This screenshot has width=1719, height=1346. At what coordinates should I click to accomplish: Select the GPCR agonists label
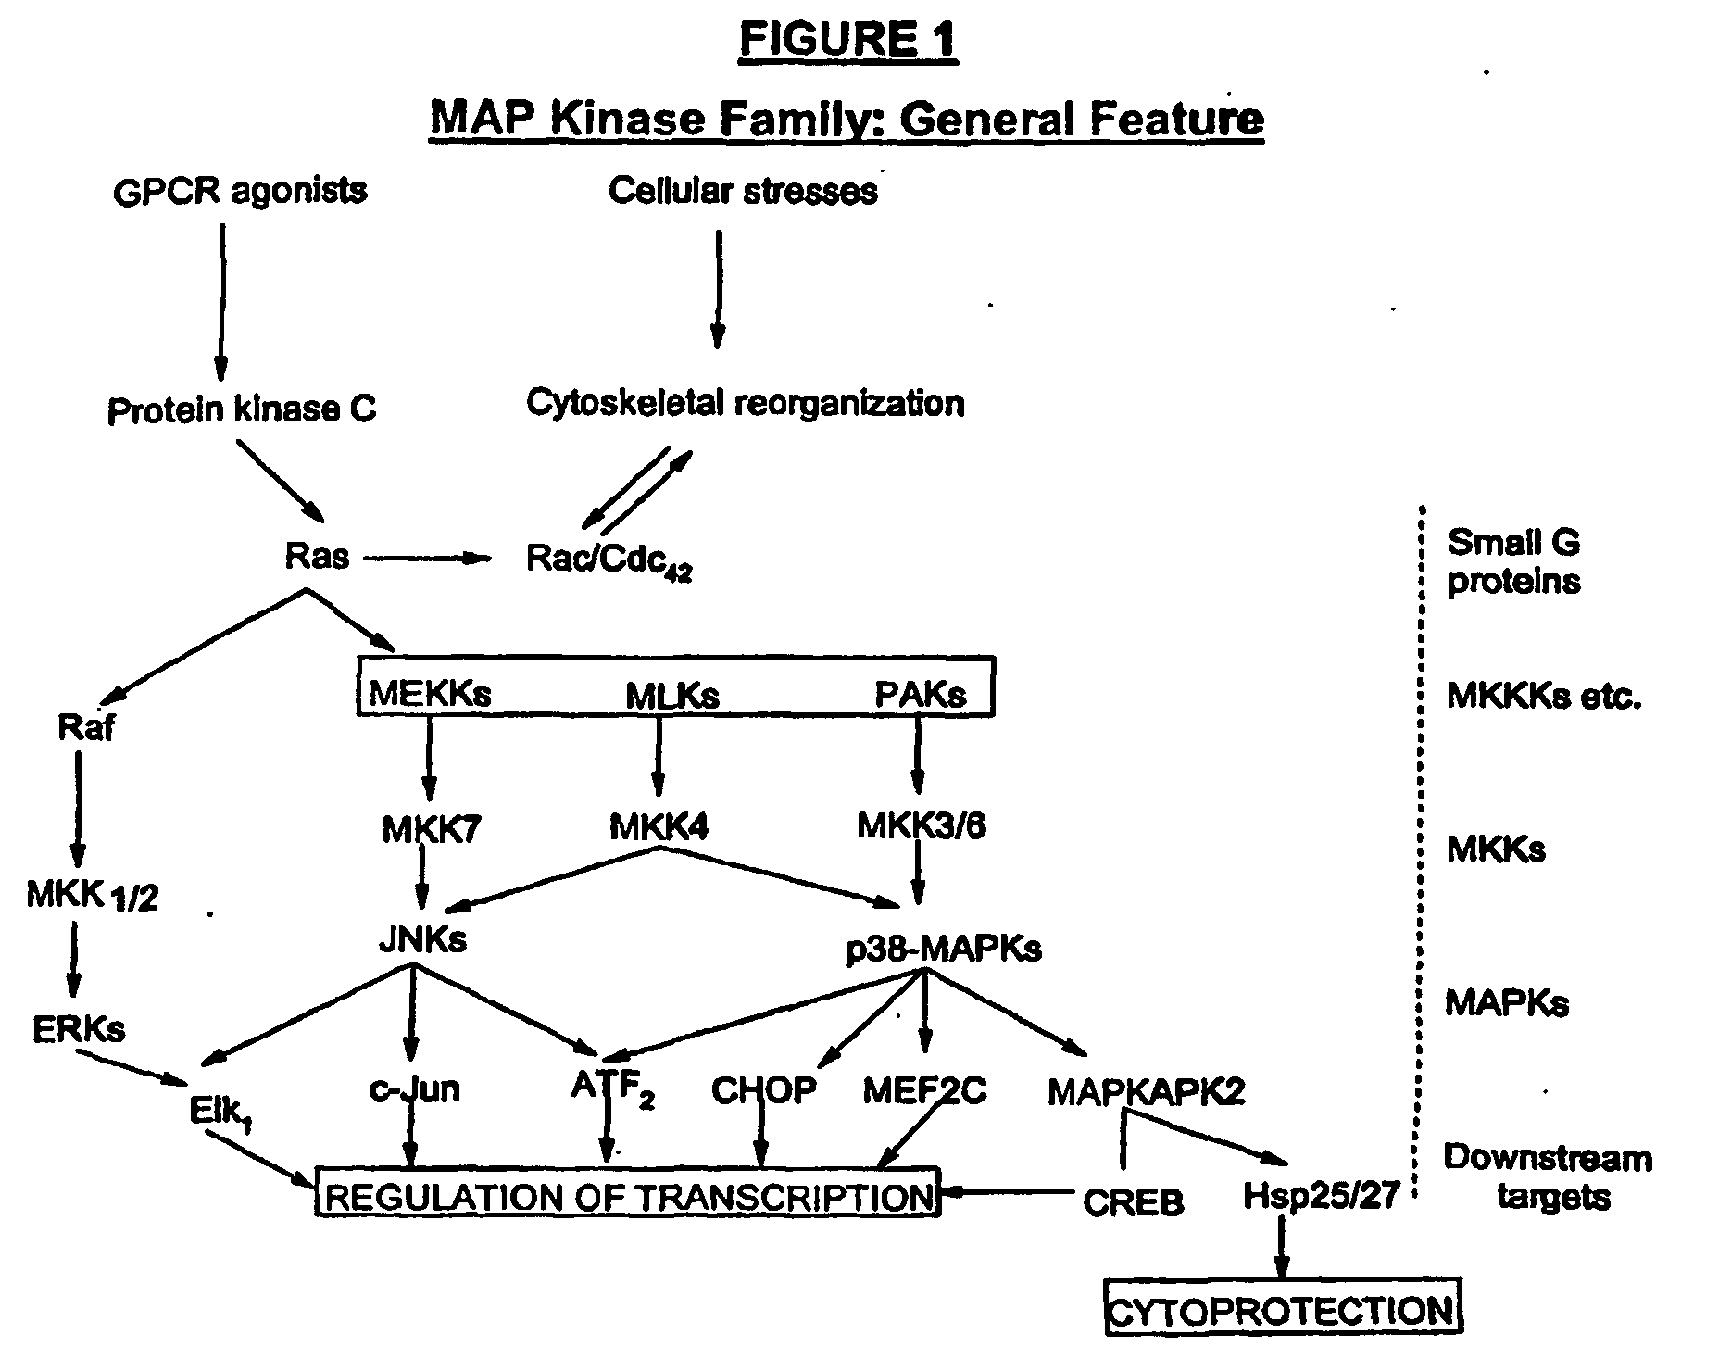tap(240, 191)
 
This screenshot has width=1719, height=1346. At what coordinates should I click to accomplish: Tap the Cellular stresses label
tap(743, 191)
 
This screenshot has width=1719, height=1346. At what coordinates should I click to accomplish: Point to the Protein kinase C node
tap(242, 409)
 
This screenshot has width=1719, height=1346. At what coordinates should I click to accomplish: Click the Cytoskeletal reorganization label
tap(746, 403)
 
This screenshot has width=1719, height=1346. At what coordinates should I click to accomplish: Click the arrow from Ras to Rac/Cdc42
tap(427, 558)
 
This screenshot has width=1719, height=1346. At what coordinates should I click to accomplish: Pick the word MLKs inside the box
tap(672, 696)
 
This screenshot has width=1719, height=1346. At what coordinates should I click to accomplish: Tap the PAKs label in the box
tap(920, 694)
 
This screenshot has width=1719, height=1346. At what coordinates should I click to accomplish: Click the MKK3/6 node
tap(922, 824)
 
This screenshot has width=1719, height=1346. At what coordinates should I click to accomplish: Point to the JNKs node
tap(422, 939)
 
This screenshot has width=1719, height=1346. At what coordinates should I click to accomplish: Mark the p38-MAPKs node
tap(944, 949)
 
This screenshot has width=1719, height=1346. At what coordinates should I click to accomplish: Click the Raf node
tap(86, 727)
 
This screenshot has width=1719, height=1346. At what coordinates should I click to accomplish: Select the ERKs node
tap(79, 1028)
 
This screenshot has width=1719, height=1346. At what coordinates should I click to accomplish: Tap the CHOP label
tap(764, 1090)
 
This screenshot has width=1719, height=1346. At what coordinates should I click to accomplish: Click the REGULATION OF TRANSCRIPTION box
tap(629, 1193)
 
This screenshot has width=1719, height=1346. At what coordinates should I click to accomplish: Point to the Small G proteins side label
tap(1513, 561)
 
